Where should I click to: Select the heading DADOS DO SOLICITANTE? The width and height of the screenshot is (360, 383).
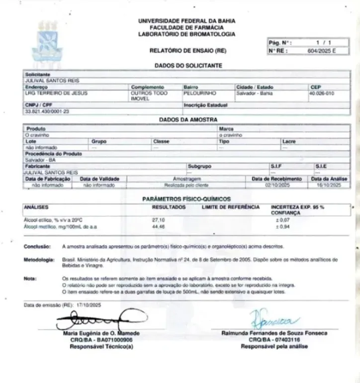(x=188, y=66)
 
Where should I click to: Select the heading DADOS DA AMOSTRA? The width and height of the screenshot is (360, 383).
(x=188, y=120)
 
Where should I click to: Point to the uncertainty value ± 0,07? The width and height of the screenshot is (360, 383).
(x=283, y=219)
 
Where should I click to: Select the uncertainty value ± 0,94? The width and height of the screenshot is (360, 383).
(x=283, y=226)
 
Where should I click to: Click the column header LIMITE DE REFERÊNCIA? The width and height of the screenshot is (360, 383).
(x=230, y=206)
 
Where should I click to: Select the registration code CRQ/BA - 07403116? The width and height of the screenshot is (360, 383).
(x=275, y=340)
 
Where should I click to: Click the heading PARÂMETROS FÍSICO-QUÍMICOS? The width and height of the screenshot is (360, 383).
(x=186, y=199)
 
